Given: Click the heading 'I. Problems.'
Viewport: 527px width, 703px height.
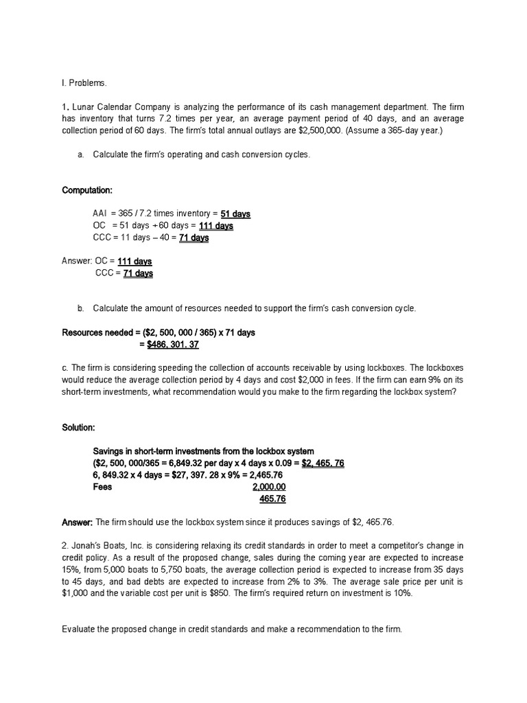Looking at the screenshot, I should coord(84,83).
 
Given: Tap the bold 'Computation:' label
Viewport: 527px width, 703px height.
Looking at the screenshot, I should coord(87,190).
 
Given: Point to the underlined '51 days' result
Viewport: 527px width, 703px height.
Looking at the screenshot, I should coord(235,214).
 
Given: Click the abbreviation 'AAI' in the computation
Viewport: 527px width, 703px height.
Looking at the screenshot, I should coord(100,214).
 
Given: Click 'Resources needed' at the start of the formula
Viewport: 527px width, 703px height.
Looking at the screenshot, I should coord(95,332).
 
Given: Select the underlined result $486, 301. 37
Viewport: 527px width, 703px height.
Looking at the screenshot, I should coord(173,344).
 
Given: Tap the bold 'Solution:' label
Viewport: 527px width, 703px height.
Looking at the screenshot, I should coord(78,428).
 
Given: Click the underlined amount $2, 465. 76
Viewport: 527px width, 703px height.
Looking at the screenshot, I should coord(323,463).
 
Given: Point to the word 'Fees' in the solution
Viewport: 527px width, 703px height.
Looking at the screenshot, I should coord(102,487).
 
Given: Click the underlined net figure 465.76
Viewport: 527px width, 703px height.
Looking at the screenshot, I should coord(272,498).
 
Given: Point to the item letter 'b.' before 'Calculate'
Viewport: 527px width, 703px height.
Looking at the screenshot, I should coord(81,309).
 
